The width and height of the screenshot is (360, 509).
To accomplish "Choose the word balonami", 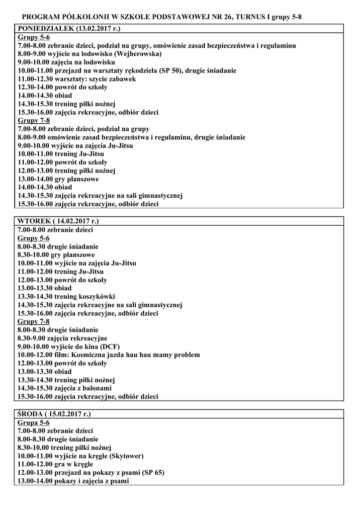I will (97, 388).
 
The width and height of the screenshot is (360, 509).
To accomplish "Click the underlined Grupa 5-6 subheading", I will (33, 422).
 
